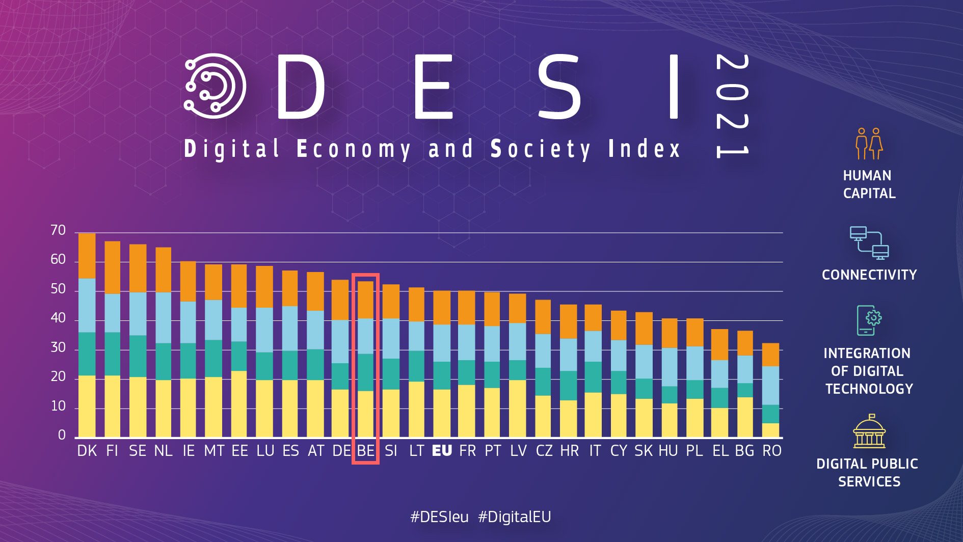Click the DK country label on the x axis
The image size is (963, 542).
pos(87,451)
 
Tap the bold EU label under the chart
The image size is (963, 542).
pos(442,451)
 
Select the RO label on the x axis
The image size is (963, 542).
pos(771,451)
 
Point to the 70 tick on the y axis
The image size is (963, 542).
pos(58,231)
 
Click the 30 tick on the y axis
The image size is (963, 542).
pos(58,348)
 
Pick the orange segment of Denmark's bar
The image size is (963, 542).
pos(87,256)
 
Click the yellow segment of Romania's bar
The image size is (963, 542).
pos(770,430)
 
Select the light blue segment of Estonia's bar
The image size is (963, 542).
pos(239,324)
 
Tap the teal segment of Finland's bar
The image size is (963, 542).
pos(113,354)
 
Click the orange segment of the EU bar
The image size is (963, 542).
pos(442,308)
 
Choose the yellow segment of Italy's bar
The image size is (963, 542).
pos(593,415)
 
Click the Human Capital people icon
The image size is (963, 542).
pos(869,144)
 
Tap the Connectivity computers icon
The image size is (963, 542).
pos(869,243)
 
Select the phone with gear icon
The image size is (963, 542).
pos(869,320)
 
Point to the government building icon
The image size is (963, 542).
pos(869,431)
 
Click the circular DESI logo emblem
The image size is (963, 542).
pos(215,86)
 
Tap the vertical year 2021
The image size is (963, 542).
pos(732,106)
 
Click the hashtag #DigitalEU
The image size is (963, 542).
pos(514,517)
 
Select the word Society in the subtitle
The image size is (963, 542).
pos(540,149)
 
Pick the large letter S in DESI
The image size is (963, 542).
pos(559,87)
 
